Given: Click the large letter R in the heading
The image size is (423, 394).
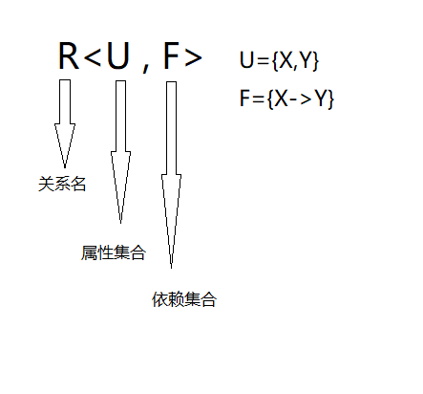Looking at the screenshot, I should point(69,56).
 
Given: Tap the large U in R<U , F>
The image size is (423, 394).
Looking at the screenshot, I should point(117,56).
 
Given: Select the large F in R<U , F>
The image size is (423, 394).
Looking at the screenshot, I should point(172,56).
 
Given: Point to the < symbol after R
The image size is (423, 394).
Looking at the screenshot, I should point(93,59).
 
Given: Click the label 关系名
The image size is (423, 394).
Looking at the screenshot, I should point(62,185).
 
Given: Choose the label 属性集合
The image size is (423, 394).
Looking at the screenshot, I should point(114,252).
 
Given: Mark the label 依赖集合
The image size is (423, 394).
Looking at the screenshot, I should point(184,299).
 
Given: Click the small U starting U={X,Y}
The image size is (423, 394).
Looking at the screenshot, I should point(247,62).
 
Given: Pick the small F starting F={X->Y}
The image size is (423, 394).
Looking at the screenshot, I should point(246,99).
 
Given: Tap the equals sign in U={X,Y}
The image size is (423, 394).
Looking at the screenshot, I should point(263,63).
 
